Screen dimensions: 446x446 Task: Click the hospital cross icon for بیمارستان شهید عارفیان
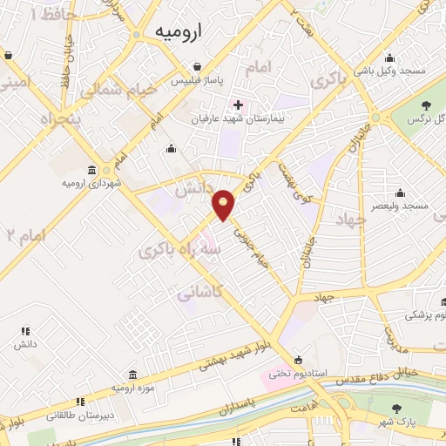[238, 105]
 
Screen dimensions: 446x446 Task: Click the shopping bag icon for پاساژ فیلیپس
[199, 66]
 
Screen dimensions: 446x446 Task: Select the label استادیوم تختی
[298, 374]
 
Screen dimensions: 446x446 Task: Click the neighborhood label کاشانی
[198, 294]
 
